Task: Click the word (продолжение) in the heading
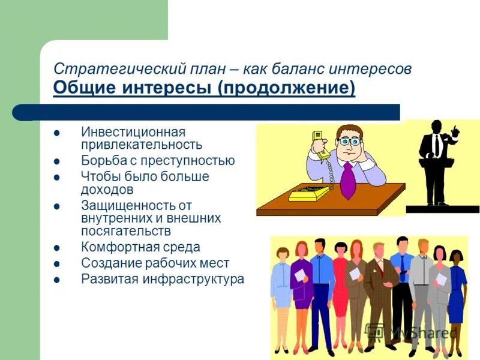point(286,89)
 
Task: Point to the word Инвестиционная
point(133,132)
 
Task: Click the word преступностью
point(184,161)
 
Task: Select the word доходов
point(107,190)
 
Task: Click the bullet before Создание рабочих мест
point(56,263)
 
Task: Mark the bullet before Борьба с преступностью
point(56,161)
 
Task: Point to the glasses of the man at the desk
point(349,142)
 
